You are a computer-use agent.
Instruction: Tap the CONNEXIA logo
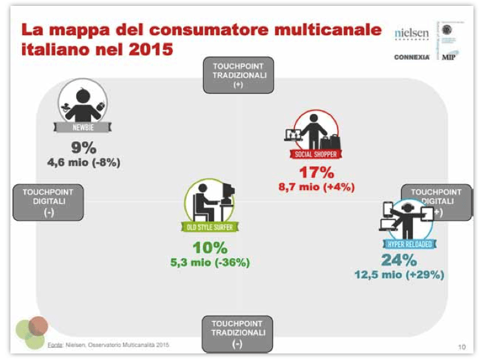[411, 57]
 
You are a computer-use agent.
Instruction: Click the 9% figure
[84, 147]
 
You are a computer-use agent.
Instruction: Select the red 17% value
[316, 173]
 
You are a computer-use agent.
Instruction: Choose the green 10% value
[210, 248]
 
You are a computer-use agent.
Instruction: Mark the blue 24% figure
[399, 260]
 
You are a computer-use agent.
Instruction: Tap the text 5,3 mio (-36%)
[210, 262]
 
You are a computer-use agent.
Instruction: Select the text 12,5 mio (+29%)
[399, 275]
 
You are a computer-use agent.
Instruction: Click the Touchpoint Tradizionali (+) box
[238, 75]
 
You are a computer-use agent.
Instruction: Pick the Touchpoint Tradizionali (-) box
[238, 333]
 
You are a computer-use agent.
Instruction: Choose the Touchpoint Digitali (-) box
[48, 202]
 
